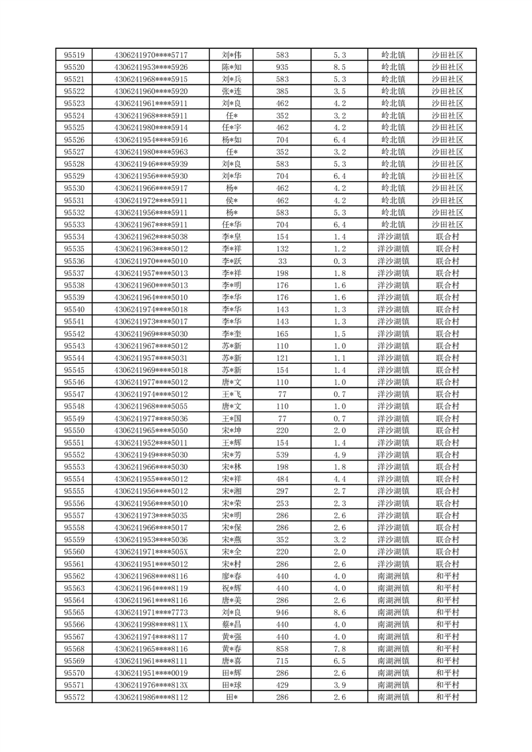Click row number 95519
(74, 55)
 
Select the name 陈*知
(232, 67)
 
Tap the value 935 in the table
(282, 67)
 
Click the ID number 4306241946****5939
(151, 164)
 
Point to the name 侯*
(232, 200)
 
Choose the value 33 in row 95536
(282, 261)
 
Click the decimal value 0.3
(339, 261)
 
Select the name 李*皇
(232, 237)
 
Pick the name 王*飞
(232, 394)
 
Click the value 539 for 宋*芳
(282, 454)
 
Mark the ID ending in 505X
(151, 552)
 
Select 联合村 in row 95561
(447, 564)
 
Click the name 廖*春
(232, 576)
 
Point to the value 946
(282, 612)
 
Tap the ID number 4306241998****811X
(151, 624)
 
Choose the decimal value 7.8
(339, 648)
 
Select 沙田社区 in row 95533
(447, 225)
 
